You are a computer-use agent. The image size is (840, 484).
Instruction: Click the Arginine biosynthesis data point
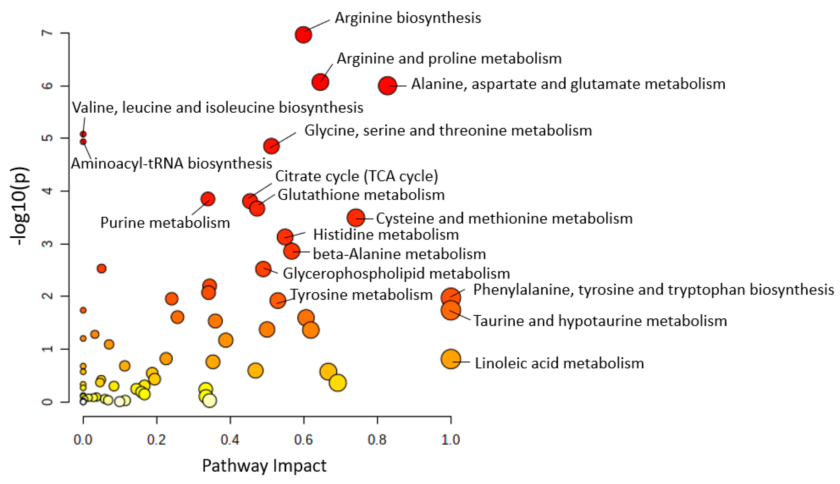point(303,35)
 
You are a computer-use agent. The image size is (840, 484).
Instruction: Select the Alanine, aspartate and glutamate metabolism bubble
point(387,86)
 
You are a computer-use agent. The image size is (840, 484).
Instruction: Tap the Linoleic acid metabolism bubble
point(450,359)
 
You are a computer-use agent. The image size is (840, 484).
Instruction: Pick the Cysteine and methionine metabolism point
point(355,218)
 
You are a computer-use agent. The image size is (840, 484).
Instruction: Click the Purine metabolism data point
point(208,199)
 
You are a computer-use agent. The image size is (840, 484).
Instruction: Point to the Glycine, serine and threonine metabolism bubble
point(271,146)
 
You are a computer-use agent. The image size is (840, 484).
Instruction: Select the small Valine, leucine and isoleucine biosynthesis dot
point(83,134)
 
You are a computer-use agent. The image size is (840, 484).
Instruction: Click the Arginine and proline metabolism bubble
point(320,82)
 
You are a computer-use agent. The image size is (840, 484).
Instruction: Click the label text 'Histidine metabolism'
point(386,235)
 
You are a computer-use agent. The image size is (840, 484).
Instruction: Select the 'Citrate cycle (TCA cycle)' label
point(356,176)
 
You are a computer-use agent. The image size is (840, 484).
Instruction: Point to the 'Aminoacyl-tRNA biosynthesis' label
point(171,163)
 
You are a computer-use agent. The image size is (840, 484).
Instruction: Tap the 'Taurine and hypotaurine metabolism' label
point(600,321)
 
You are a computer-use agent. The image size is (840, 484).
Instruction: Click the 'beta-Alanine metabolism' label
point(399,254)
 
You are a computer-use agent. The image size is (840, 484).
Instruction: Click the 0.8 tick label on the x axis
point(377,439)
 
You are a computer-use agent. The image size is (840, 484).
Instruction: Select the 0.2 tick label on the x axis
point(156,439)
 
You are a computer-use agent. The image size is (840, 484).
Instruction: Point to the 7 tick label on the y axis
point(48,33)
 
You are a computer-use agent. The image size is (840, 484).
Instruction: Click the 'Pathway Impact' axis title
point(264,466)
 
